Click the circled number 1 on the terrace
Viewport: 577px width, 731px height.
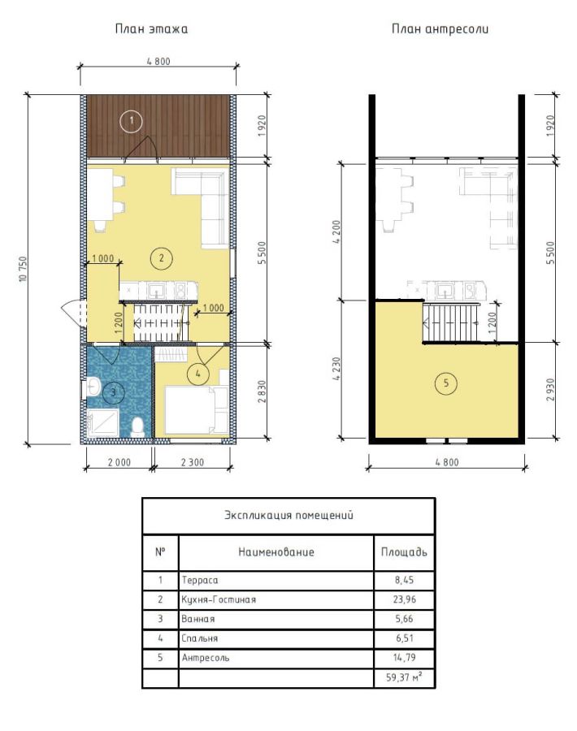pos(132,122)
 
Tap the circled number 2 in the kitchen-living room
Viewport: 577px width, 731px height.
pos(162,257)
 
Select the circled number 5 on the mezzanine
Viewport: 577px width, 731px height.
pos(446,383)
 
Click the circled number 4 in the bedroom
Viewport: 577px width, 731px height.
pos(197,374)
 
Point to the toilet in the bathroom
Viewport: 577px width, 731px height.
pos(137,425)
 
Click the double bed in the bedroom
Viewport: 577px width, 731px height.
pos(197,410)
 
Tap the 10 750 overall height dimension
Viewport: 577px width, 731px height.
pos(23,270)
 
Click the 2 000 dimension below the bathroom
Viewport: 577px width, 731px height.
pos(119,462)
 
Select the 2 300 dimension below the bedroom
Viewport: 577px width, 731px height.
pos(192,462)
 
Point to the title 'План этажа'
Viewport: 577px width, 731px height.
pos(152,29)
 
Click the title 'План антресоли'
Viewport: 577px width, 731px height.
pos(440,29)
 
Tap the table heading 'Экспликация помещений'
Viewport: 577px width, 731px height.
pos(288,515)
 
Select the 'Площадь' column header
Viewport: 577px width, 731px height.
pos(404,552)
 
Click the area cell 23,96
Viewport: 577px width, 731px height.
pos(405,599)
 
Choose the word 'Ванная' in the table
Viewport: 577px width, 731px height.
pos(198,619)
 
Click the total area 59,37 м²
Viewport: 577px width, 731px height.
pos(404,677)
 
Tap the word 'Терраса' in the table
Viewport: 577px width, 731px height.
pos(200,581)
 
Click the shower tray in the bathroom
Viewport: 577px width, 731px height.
pos(102,423)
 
